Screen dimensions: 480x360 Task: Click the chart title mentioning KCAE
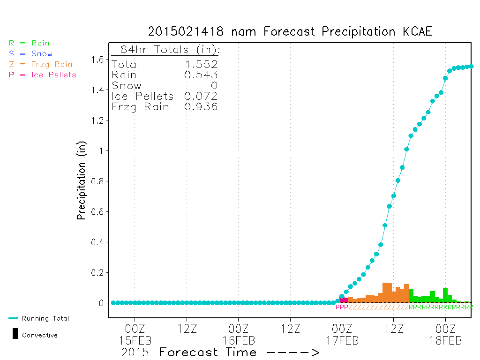pyautogui.click(x=290, y=31)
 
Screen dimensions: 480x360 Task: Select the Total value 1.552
pyautogui.click(x=201, y=64)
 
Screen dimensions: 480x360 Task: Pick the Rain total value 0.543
pyautogui.click(x=201, y=75)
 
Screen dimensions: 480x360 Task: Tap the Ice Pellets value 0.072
pyautogui.click(x=201, y=96)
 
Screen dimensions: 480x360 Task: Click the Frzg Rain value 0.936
pyautogui.click(x=201, y=106)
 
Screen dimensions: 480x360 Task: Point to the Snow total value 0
pyautogui.click(x=214, y=85)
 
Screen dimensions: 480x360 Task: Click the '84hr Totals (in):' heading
pyautogui.click(x=170, y=50)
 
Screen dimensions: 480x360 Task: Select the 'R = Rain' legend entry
pyautogui.click(x=29, y=43)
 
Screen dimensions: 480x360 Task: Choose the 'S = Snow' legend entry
pyautogui.click(x=30, y=54)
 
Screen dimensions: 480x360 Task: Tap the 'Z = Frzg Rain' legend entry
pyautogui.click(x=41, y=65)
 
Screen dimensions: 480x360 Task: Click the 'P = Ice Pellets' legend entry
pyautogui.click(x=42, y=75)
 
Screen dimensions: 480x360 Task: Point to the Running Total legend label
pyautogui.click(x=45, y=318)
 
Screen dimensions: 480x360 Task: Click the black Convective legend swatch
pyautogui.click(x=15, y=334)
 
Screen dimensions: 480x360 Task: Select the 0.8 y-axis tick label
pyautogui.click(x=97, y=181)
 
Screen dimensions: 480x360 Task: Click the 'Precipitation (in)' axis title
pyautogui.click(x=81, y=180)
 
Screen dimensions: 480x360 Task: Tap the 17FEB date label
pyautogui.click(x=342, y=340)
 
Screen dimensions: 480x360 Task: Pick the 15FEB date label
pyautogui.click(x=135, y=340)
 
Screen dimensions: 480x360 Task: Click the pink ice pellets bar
pyautogui.click(x=344, y=300)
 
